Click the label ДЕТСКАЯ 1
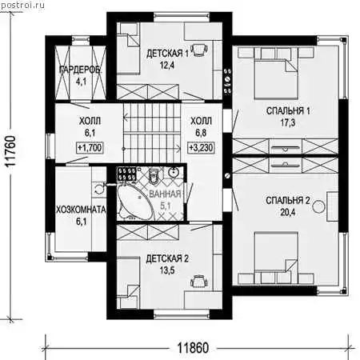pos(167,54)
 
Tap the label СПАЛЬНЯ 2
pos(288,201)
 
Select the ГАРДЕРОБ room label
pos(80,70)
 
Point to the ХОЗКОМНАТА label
pos(81,210)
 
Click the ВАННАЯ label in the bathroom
pos(165,194)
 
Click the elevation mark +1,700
pos(90,147)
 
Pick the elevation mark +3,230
pos(202,147)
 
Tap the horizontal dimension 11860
pos(193,348)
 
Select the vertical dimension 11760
pos(11,151)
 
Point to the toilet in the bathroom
pos(154,176)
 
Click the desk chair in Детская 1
pos(199,50)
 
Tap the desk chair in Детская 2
pos(198,282)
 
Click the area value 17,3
pos(288,123)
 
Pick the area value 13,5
pos(167,270)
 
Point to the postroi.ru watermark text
pos(22,6)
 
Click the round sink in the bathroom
pos(174,173)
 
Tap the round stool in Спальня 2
pos(318,207)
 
